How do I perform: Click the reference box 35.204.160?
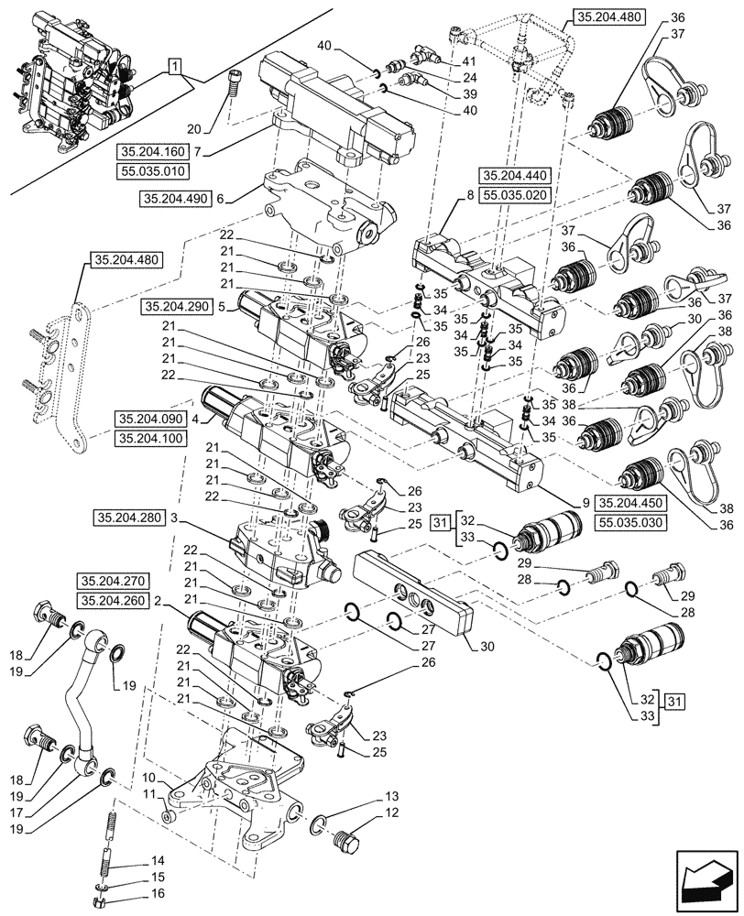coord(149,151)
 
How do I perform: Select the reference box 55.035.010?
coord(149,170)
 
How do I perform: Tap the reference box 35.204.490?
coord(175,198)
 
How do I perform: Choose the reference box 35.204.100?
coord(150,439)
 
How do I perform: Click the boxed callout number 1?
coord(175,64)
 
